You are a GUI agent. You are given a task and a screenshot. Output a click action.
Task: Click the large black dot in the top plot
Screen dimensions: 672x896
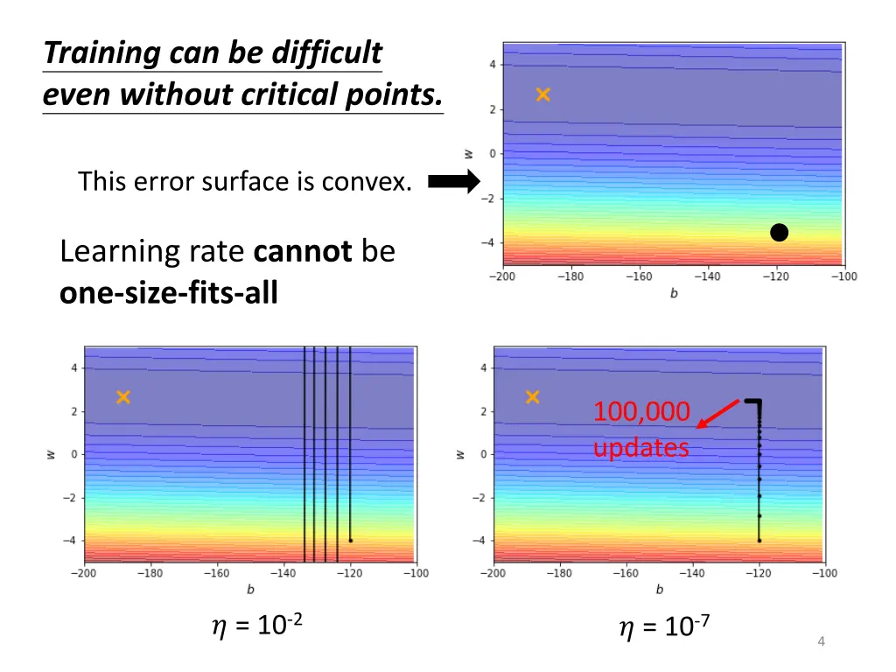[779, 233]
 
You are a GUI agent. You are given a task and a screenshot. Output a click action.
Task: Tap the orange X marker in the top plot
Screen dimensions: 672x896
[543, 94]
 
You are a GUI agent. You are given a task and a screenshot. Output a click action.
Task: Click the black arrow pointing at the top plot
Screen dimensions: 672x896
[455, 182]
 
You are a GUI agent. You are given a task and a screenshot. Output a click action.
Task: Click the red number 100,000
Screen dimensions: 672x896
[641, 411]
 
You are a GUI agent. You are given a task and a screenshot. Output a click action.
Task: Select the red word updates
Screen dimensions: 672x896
[640, 448]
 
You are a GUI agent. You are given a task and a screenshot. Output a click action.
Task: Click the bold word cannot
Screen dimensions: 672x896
[303, 252]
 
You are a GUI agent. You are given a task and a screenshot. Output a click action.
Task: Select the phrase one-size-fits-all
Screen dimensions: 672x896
[168, 292]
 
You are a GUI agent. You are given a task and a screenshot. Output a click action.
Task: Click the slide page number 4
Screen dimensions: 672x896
[821, 642]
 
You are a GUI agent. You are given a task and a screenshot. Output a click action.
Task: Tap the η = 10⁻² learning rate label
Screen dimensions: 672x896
[257, 626]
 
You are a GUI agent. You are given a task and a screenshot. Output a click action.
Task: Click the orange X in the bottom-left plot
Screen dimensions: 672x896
[123, 397]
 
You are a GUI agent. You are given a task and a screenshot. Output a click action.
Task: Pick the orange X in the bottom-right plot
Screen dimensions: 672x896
[532, 397]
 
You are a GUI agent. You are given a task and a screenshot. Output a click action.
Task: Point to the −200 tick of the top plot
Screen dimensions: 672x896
[503, 277]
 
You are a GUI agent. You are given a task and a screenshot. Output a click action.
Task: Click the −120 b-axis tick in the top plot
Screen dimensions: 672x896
[776, 277]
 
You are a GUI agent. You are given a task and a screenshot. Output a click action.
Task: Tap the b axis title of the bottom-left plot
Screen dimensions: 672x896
[250, 590]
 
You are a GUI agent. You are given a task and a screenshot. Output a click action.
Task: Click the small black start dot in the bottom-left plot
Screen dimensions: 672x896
[350, 541]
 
